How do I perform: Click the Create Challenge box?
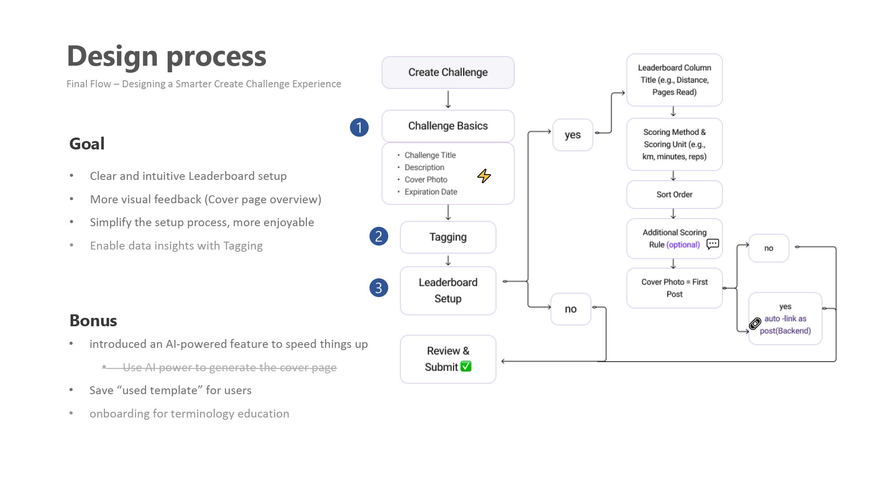click(448, 72)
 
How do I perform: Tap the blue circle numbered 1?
click(359, 127)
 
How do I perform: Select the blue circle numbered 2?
click(379, 236)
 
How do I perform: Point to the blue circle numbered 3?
click(379, 287)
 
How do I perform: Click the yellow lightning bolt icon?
click(484, 176)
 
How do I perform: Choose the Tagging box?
click(448, 237)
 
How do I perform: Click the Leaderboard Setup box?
click(448, 291)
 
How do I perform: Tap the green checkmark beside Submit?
click(466, 366)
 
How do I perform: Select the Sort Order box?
click(674, 194)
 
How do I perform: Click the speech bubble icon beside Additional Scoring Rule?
click(713, 244)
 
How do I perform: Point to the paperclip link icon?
click(755, 324)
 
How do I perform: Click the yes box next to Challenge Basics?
click(573, 135)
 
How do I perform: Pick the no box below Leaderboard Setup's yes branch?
click(571, 309)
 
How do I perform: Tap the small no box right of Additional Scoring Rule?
click(769, 248)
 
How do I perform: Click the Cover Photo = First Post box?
click(674, 288)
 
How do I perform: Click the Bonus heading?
click(93, 321)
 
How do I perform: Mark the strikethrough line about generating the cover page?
click(220, 367)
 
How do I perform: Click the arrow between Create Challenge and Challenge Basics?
click(448, 99)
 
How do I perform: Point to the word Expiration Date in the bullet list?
click(431, 192)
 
